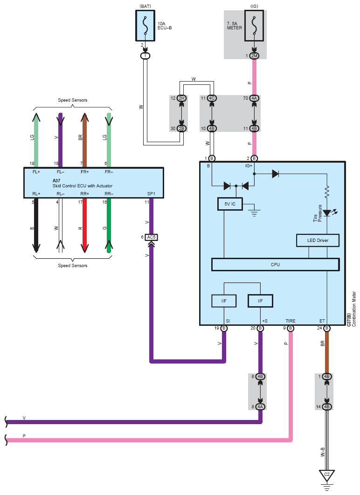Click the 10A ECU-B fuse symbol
[x=145, y=26]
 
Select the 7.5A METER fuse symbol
[x=254, y=26]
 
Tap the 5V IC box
[x=230, y=204]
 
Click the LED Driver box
[x=318, y=240]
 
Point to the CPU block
[x=276, y=265]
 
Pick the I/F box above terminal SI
[x=224, y=301]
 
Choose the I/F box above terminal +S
[x=260, y=301]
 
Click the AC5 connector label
[x=151, y=237]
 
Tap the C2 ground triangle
[x=327, y=475]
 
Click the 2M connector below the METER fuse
[x=254, y=56]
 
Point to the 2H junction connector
[x=181, y=98]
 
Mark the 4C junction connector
[x=212, y=98]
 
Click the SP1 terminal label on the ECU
[x=151, y=193]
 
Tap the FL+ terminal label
[x=36, y=172]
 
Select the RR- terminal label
[x=109, y=193]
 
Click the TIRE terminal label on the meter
[x=291, y=321]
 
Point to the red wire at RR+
[x=84, y=226]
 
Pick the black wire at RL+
[x=36, y=226]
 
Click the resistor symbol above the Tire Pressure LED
[x=327, y=192]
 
